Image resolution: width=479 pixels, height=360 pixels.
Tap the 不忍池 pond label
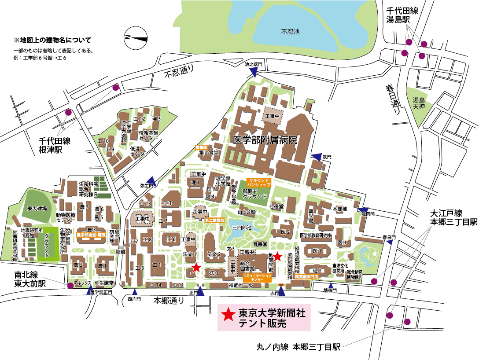click(x=290, y=32)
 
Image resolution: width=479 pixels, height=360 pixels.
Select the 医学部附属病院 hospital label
click(x=265, y=141)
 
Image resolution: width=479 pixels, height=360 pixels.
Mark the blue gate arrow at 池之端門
click(x=254, y=72)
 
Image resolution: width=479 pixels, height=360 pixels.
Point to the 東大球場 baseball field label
click(x=37, y=209)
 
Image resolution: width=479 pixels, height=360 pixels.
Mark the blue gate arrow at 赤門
click(x=282, y=292)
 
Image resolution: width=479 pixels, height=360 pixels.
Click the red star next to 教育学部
click(x=278, y=256)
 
